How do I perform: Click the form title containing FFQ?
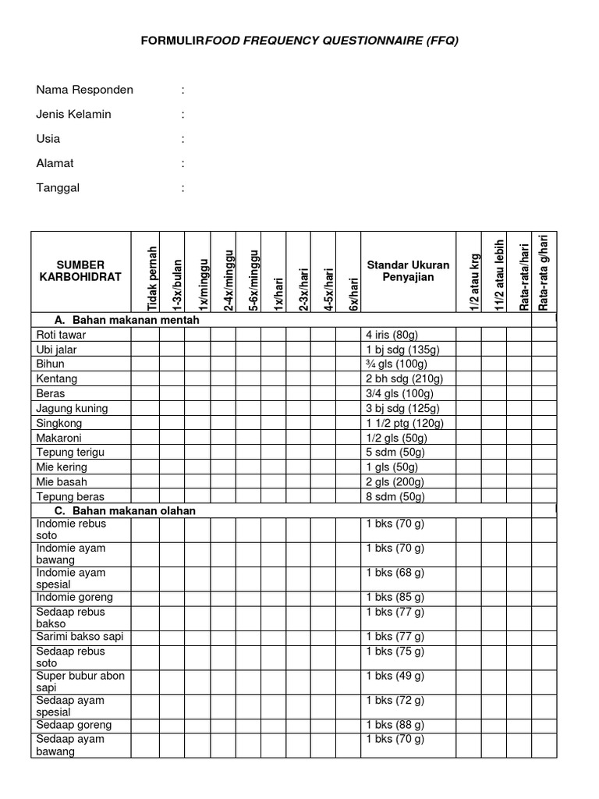coord(299,41)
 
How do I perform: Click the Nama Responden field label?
coord(84,90)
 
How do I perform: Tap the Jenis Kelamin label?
coord(73,114)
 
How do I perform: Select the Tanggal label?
coord(58,187)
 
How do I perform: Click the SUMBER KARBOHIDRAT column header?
coord(80,272)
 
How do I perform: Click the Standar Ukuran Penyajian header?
coord(408,272)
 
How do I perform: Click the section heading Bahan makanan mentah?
coord(127,320)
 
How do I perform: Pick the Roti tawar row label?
coord(61,335)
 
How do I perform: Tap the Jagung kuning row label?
coord(72,408)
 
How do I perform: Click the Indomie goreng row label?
coord(74,597)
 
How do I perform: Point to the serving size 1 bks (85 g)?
coord(395,597)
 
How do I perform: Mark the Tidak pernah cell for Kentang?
coord(145,378)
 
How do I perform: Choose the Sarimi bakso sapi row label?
coord(80,637)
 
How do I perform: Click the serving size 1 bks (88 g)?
coord(395,725)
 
